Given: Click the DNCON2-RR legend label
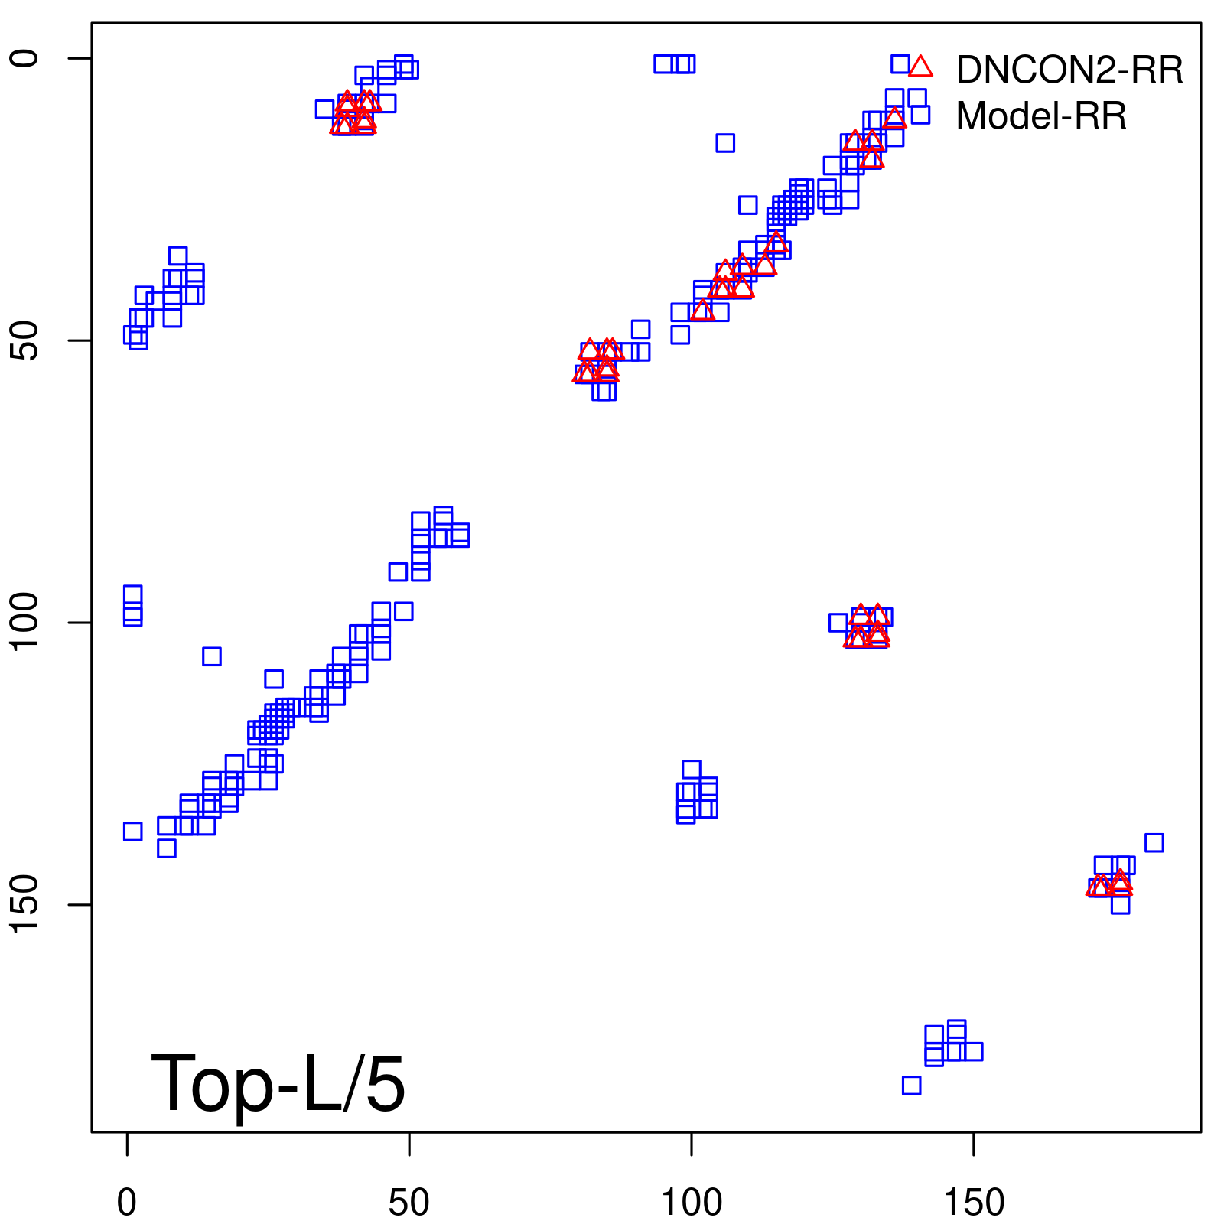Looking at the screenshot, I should (1069, 70).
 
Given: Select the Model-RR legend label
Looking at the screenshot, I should (1040, 116).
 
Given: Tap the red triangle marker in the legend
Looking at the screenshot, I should (921, 67).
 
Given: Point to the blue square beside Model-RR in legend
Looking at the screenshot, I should (920, 115).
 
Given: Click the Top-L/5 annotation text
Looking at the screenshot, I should (278, 1083).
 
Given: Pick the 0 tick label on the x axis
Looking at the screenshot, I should (127, 1203).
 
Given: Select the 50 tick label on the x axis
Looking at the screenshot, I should (409, 1203).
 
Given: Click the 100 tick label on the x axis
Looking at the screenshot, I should (691, 1203).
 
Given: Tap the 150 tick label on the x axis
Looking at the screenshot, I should (973, 1203).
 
